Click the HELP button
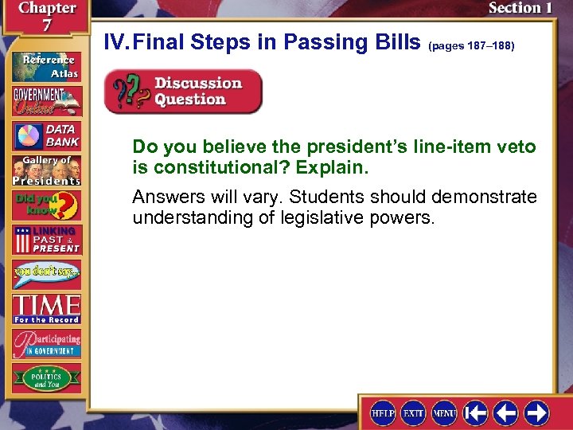[383, 412]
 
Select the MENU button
[444, 412]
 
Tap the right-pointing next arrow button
[536, 412]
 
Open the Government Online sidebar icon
[46, 100]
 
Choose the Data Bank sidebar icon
[46, 136]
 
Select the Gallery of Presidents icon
[46, 170]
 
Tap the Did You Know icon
[46, 205]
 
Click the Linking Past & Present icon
[46, 240]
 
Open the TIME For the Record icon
[46, 308]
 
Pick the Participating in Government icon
[46, 342]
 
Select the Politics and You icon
[46, 377]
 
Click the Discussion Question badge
[183, 92]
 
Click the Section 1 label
[520, 8]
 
